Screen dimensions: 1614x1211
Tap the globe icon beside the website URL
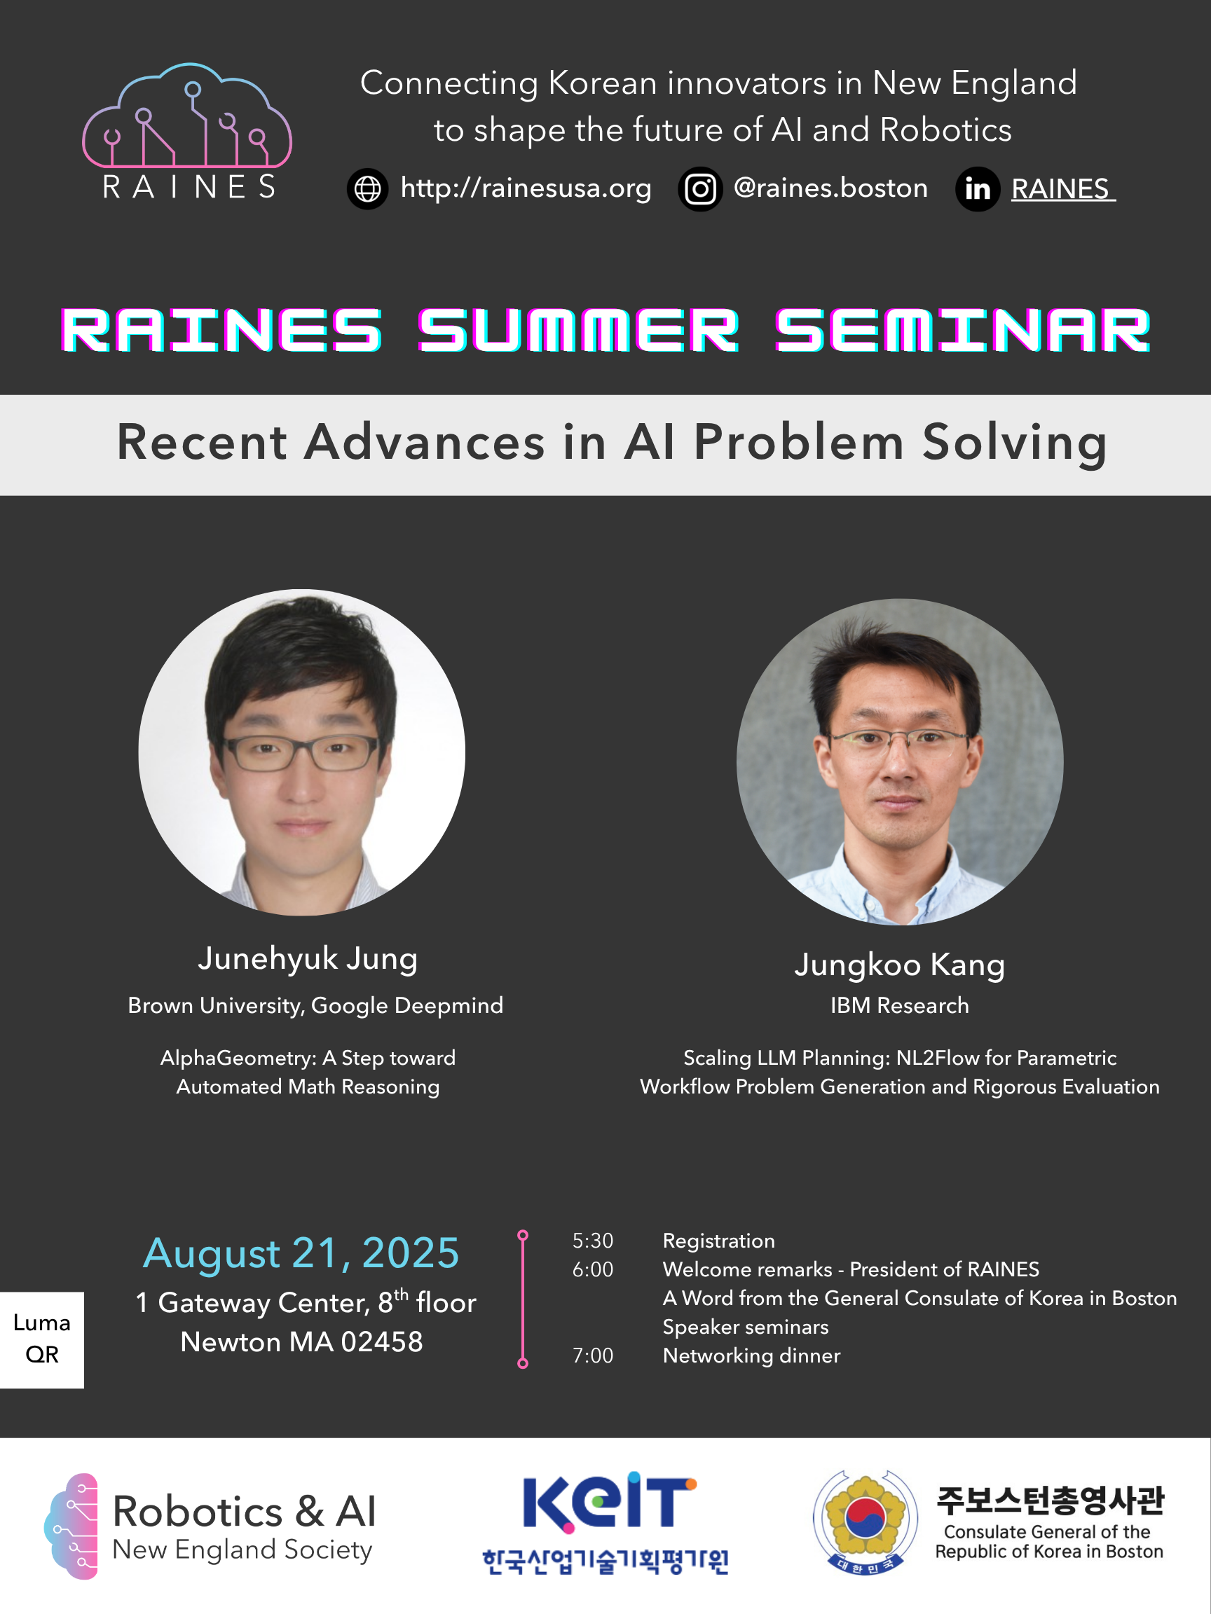click(367, 189)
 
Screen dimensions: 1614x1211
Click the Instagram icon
click(700, 189)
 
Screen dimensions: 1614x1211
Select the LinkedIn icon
click(978, 190)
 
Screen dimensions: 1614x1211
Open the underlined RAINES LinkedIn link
click(1061, 189)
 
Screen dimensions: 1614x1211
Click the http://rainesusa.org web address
click(526, 188)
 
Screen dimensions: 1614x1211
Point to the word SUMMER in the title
click(578, 331)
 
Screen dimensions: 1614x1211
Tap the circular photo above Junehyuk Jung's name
click(301, 752)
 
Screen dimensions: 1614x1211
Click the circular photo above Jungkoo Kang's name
click(899, 761)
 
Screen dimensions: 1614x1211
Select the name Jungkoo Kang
click(899, 965)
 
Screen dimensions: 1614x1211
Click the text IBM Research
click(899, 1005)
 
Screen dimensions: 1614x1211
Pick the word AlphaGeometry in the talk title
click(238, 1058)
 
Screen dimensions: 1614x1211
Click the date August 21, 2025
click(301, 1253)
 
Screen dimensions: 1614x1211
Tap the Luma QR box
click(41, 1339)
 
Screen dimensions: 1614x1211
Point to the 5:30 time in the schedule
click(593, 1241)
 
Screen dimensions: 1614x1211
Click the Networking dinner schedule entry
click(751, 1356)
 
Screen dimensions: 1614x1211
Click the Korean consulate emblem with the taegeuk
click(865, 1522)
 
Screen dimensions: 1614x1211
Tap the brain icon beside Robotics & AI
click(71, 1526)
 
